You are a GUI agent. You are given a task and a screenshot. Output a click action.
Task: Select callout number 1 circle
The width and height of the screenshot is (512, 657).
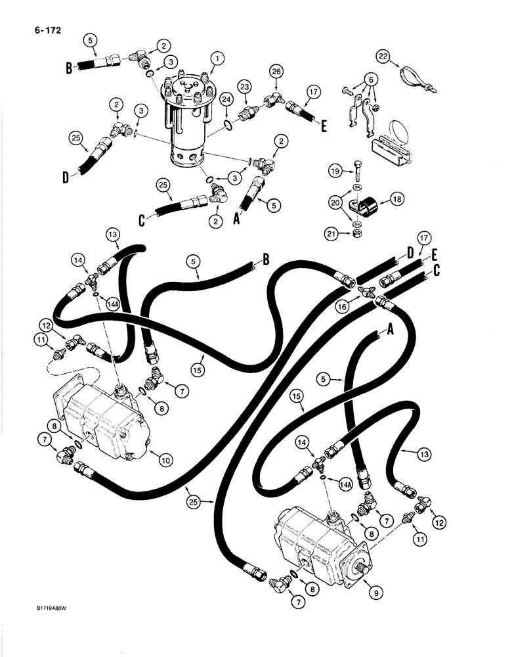pyautogui.click(x=214, y=58)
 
